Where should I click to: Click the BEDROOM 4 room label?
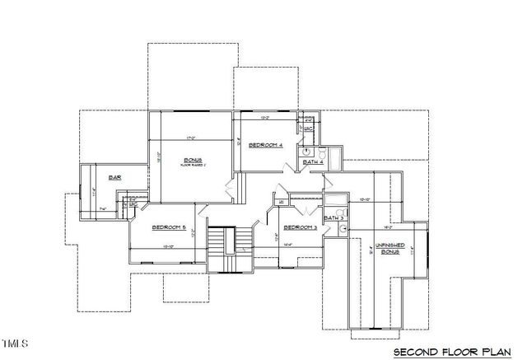pyautogui.click(x=266, y=144)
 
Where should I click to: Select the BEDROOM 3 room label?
pyautogui.click(x=301, y=227)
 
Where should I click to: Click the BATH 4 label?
pyautogui.click(x=313, y=163)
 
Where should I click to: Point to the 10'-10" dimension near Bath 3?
pyautogui.click(x=367, y=199)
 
